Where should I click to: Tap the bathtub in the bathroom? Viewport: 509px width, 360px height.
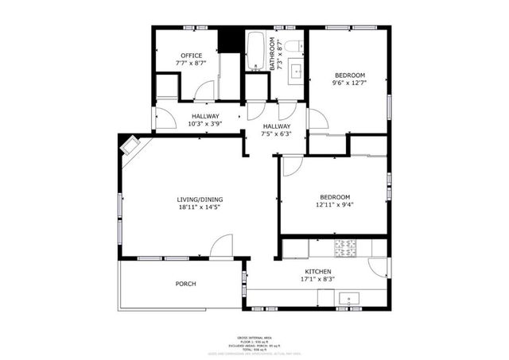pyautogui.click(x=256, y=51)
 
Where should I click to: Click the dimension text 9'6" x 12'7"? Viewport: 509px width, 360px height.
pyautogui.click(x=348, y=83)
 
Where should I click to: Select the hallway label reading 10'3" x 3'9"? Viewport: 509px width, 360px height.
pyautogui.click(x=182, y=124)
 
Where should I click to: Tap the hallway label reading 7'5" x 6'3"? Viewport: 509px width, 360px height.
pyautogui.click(x=277, y=134)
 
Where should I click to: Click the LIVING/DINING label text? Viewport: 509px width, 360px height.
pyautogui.click(x=200, y=199)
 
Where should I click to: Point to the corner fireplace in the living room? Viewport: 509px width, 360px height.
pyautogui.click(x=130, y=145)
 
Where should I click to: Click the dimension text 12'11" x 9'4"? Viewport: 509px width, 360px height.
pyautogui.click(x=335, y=205)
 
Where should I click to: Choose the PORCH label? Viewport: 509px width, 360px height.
pyautogui.click(x=185, y=284)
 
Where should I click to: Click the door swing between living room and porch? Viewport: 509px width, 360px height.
pyautogui.click(x=222, y=246)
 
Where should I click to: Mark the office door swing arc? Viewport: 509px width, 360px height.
pyautogui.click(x=204, y=91)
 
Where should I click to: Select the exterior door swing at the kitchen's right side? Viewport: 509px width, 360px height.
pyautogui.click(x=379, y=268)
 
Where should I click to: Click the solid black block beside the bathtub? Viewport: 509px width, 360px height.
pyautogui.click(x=231, y=41)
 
